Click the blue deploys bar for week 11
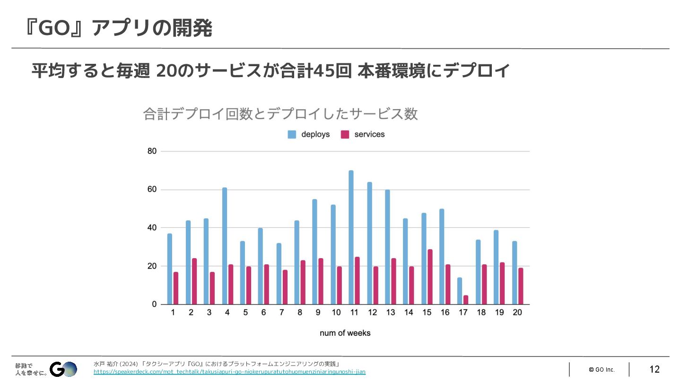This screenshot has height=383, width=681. (351, 237)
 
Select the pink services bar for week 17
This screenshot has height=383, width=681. (466, 300)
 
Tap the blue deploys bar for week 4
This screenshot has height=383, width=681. (225, 246)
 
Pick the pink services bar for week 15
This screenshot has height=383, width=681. (429, 277)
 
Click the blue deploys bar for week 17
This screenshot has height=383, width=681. (460, 291)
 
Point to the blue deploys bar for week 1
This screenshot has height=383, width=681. (170, 269)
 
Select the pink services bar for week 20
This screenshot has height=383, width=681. (521, 286)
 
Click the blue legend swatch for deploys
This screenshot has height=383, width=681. (292, 134)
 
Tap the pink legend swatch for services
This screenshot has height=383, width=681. (345, 134)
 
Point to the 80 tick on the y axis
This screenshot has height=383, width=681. (152, 151)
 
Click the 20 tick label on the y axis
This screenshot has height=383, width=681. (152, 266)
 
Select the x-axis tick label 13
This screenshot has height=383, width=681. (391, 313)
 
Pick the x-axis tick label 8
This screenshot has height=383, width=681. (300, 313)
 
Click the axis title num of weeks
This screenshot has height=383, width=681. (345, 333)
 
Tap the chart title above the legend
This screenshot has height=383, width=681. (280, 114)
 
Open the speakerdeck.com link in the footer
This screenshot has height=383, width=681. (229, 372)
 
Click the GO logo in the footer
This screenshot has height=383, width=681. (64, 369)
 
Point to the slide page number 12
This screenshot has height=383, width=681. (655, 369)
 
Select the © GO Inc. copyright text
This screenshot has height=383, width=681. (602, 369)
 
